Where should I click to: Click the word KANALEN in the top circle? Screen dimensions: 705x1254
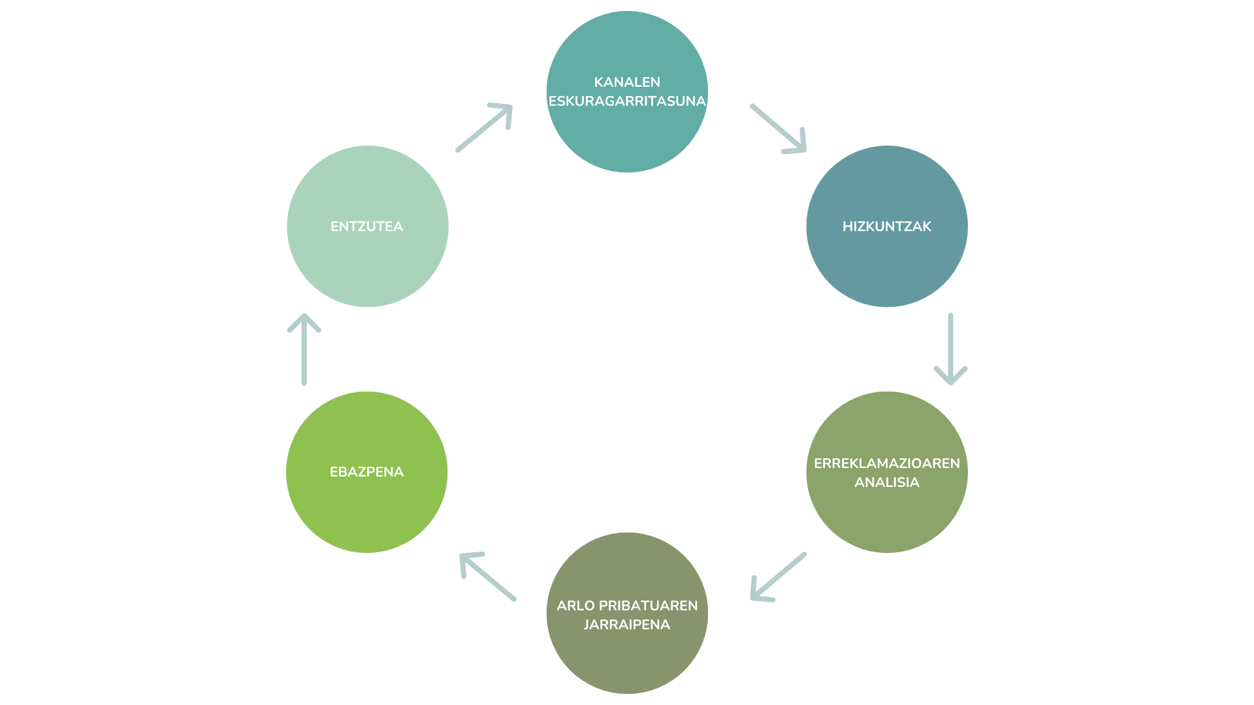627,82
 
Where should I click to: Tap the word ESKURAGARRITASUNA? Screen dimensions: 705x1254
627,101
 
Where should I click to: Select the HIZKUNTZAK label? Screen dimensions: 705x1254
886,227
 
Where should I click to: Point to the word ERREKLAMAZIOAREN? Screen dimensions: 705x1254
886,463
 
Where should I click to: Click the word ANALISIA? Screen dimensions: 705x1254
886,482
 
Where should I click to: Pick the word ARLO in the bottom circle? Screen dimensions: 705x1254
575,606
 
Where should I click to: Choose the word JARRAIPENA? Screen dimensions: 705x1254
627,625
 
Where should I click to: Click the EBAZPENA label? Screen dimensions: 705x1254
366,472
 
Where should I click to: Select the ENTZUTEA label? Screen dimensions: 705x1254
366,227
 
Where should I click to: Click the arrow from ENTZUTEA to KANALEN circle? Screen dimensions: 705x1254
484,127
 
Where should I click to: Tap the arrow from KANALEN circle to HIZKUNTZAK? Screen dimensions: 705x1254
778,128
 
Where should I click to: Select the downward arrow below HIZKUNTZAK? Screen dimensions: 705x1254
950,349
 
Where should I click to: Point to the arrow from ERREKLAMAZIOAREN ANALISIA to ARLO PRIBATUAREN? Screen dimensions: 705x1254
778,577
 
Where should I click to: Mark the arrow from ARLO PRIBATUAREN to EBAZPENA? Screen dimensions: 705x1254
488,576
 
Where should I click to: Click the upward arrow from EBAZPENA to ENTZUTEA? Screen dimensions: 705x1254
304,349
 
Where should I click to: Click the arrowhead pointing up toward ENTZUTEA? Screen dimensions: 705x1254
304,321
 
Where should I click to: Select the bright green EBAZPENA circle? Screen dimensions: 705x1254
366,516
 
